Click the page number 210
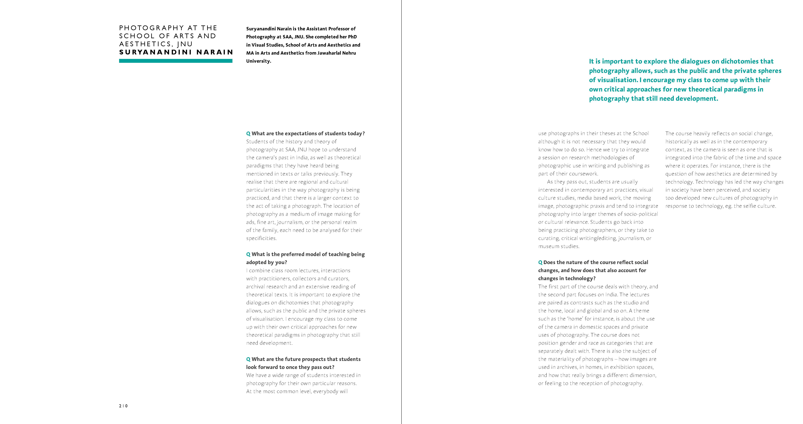click(123, 406)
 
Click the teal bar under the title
click(175, 61)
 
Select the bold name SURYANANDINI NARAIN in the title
click(176, 52)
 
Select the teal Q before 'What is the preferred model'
click(248, 254)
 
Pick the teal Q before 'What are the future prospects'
click(248, 359)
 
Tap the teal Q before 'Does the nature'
click(540, 262)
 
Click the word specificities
click(261, 238)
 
